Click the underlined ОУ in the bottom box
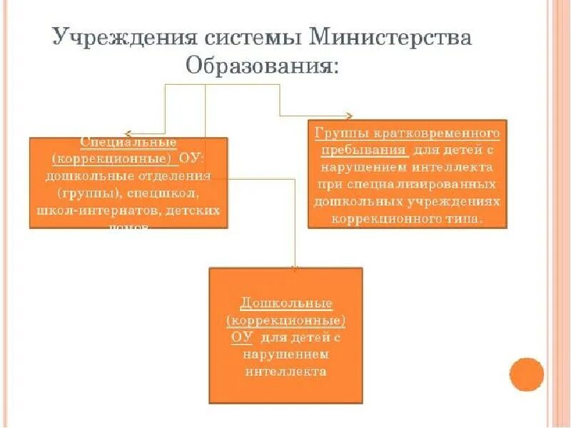(242, 337)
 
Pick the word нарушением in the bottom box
(285, 354)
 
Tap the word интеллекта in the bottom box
(285, 371)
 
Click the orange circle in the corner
(527, 374)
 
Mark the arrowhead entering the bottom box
(295, 267)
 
